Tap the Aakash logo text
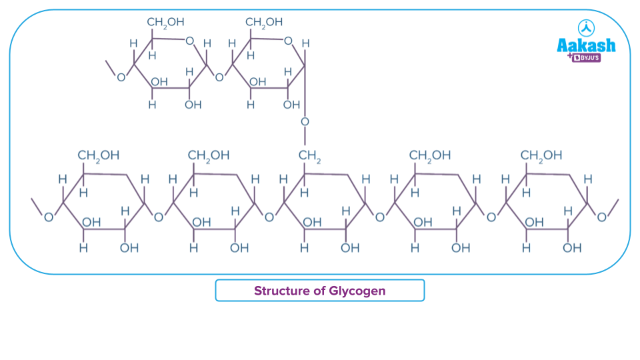click(x=586, y=45)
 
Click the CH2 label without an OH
click(x=309, y=155)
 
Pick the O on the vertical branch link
click(x=305, y=122)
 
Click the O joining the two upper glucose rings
click(x=219, y=77)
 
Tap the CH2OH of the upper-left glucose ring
click(x=165, y=23)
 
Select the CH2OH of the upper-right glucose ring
click(x=264, y=23)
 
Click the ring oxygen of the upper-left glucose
click(x=189, y=41)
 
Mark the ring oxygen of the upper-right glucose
click(x=288, y=41)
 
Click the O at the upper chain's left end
click(x=121, y=77)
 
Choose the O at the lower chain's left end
click(x=48, y=217)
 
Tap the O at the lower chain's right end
click(x=602, y=217)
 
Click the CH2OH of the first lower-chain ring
click(x=99, y=155)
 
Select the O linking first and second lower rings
click(x=159, y=217)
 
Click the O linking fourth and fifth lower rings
click(x=491, y=217)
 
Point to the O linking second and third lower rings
click(x=269, y=217)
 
